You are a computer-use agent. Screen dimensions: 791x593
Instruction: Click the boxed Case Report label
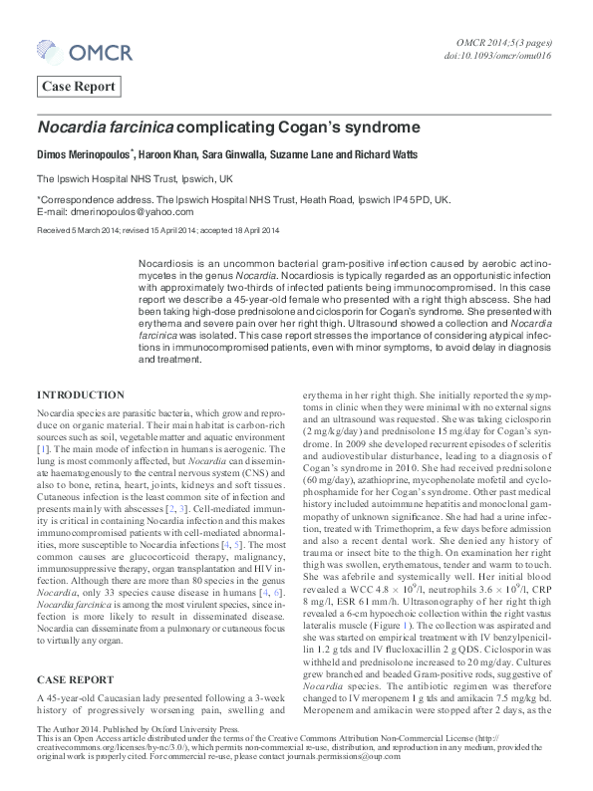79,87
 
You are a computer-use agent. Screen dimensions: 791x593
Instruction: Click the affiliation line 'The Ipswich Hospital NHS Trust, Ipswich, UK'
135,179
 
